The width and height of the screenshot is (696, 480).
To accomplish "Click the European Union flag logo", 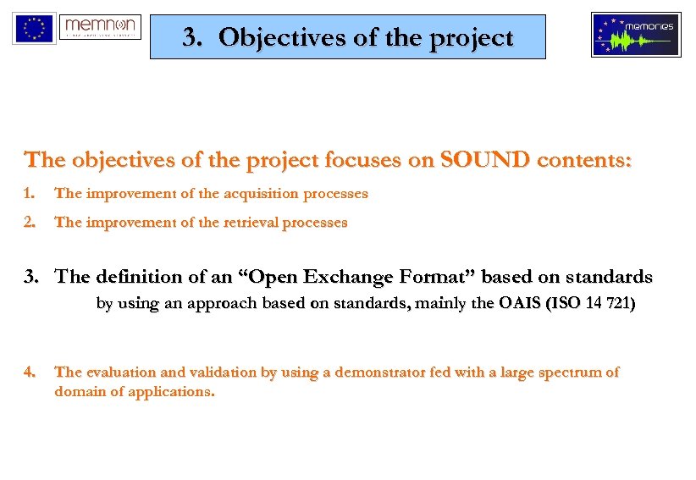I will [34, 28].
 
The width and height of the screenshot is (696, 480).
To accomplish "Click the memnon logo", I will [101, 27].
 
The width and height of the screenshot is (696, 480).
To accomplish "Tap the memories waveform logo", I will [635, 35].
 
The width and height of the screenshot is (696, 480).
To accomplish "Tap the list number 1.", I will [30, 194].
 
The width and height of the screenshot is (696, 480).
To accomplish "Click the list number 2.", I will [30, 223].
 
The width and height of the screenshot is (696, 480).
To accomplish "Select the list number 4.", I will [30, 372].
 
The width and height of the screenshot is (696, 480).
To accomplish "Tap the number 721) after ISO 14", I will [616, 305].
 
